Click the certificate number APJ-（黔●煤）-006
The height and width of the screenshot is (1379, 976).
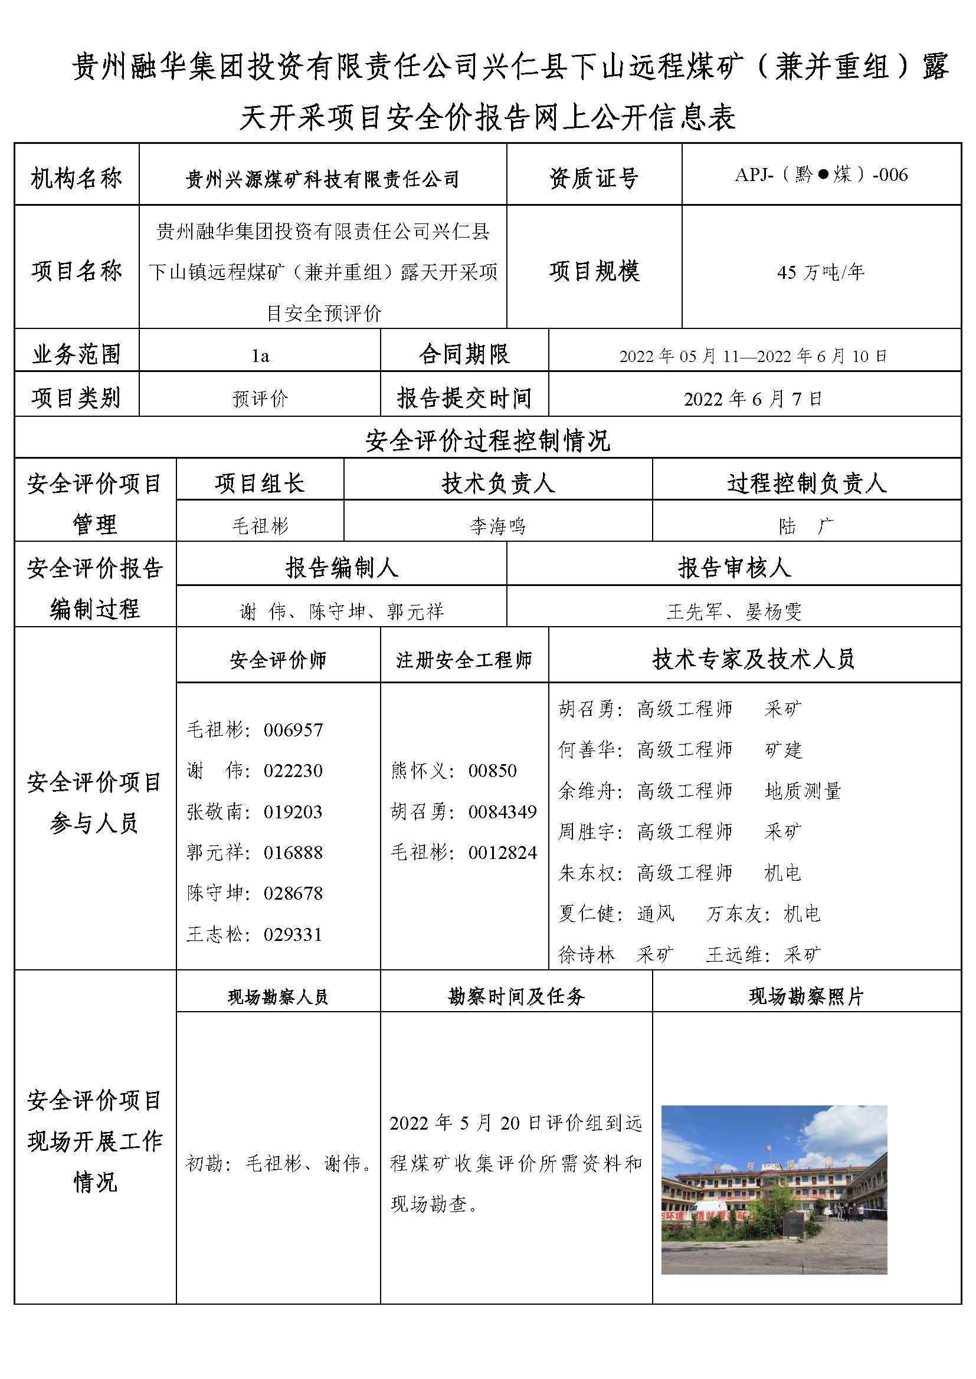pos(821,175)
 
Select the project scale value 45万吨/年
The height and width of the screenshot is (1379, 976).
pos(821,272)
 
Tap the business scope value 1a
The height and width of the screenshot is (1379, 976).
pos(260,356)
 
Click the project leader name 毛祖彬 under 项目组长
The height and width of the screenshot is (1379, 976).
pos(260,526)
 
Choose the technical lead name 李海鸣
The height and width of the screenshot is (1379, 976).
pos(497,526)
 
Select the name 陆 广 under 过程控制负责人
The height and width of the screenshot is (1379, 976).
pos(806,526)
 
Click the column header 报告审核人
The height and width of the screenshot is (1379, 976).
pos(734,568)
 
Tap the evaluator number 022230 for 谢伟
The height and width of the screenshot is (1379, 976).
pos(293,771)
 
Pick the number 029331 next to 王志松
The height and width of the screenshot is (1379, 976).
pos(293,934)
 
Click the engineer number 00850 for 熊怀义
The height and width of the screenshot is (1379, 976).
pos(492,771)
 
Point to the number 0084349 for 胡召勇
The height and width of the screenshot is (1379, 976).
pos(502,812)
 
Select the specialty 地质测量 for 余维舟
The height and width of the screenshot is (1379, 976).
pos(803,791)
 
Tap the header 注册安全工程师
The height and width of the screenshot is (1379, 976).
pos(464,660)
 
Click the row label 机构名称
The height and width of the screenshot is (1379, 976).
pos(76,179)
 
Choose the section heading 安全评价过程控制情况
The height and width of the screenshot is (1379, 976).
pos(487,441)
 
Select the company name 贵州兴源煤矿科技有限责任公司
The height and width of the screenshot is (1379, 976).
pos(322,179)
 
